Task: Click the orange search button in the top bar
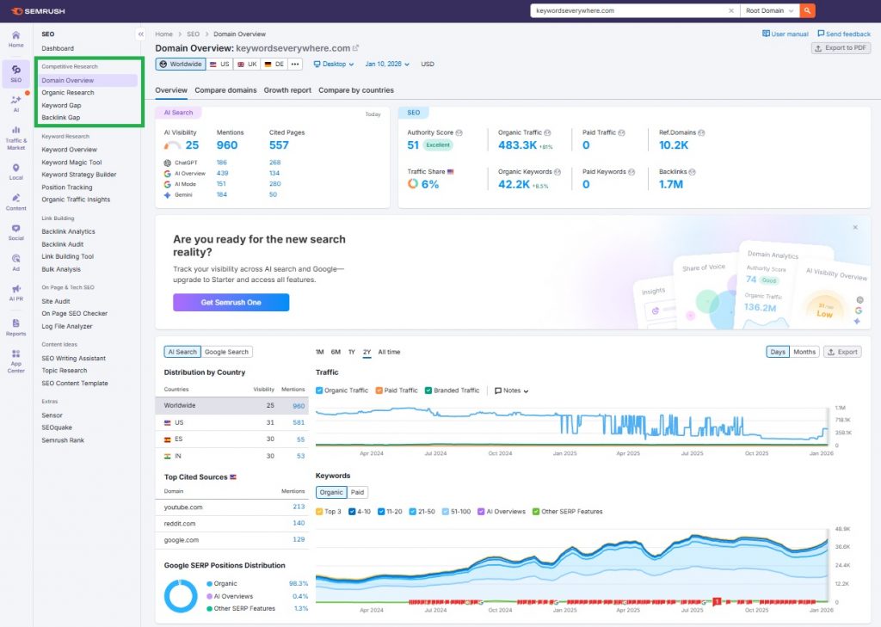[807, 10]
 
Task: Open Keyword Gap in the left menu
[62, 105]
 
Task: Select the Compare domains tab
[225, 90]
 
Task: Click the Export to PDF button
[841, 48]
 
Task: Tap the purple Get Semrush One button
[231, 303]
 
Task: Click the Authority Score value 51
[413, 145]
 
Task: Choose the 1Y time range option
[351, 352]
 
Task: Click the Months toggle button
[804, 352]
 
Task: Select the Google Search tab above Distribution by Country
[226, 352]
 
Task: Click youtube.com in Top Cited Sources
[183, 507]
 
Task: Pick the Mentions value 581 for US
[299, 422]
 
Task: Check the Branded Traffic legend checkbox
[428, 390]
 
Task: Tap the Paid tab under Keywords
[357, 493]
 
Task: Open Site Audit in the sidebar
[56, 301]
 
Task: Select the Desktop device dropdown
[334, 65]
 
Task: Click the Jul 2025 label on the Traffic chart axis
[692, 452]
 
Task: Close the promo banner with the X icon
[855, 228]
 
